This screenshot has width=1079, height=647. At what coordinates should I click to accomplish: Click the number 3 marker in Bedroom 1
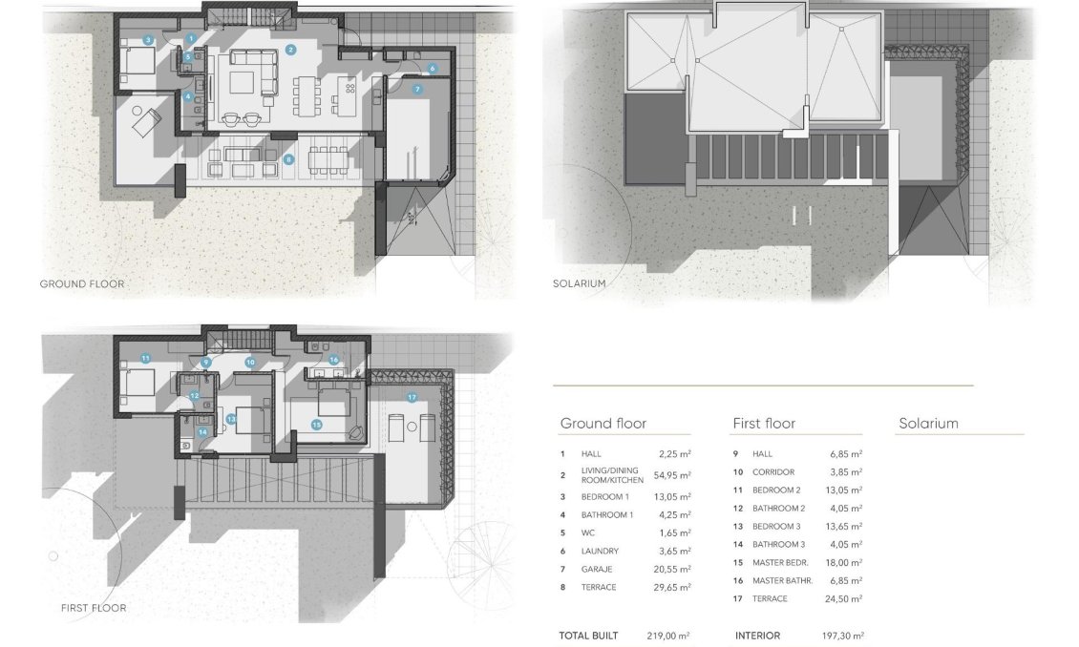click(148, 40)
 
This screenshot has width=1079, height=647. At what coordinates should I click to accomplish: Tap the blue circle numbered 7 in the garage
click(417, 89)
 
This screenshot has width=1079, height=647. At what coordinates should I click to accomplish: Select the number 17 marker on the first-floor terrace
click(412, 397)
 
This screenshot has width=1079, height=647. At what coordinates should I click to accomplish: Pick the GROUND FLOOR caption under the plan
click(81, 283)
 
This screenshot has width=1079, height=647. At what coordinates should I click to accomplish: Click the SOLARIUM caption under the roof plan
click(579, 283)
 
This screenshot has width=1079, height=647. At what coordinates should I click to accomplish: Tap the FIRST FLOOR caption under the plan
click(94, 607)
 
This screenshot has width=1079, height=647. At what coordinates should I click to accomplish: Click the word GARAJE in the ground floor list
click(597, 569)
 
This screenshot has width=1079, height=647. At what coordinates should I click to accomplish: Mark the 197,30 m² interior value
click(843, 636)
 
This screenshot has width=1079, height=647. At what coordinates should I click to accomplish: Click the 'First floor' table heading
click(764, 423)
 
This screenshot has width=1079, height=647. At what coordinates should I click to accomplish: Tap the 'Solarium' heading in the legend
click(928, 423)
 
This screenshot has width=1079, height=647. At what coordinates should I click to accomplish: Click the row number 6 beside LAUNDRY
click(563, 551)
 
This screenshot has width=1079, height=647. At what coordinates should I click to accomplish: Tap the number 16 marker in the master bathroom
click(333, 360)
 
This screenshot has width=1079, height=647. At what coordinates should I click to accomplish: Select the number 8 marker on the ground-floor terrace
click(288, 158)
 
